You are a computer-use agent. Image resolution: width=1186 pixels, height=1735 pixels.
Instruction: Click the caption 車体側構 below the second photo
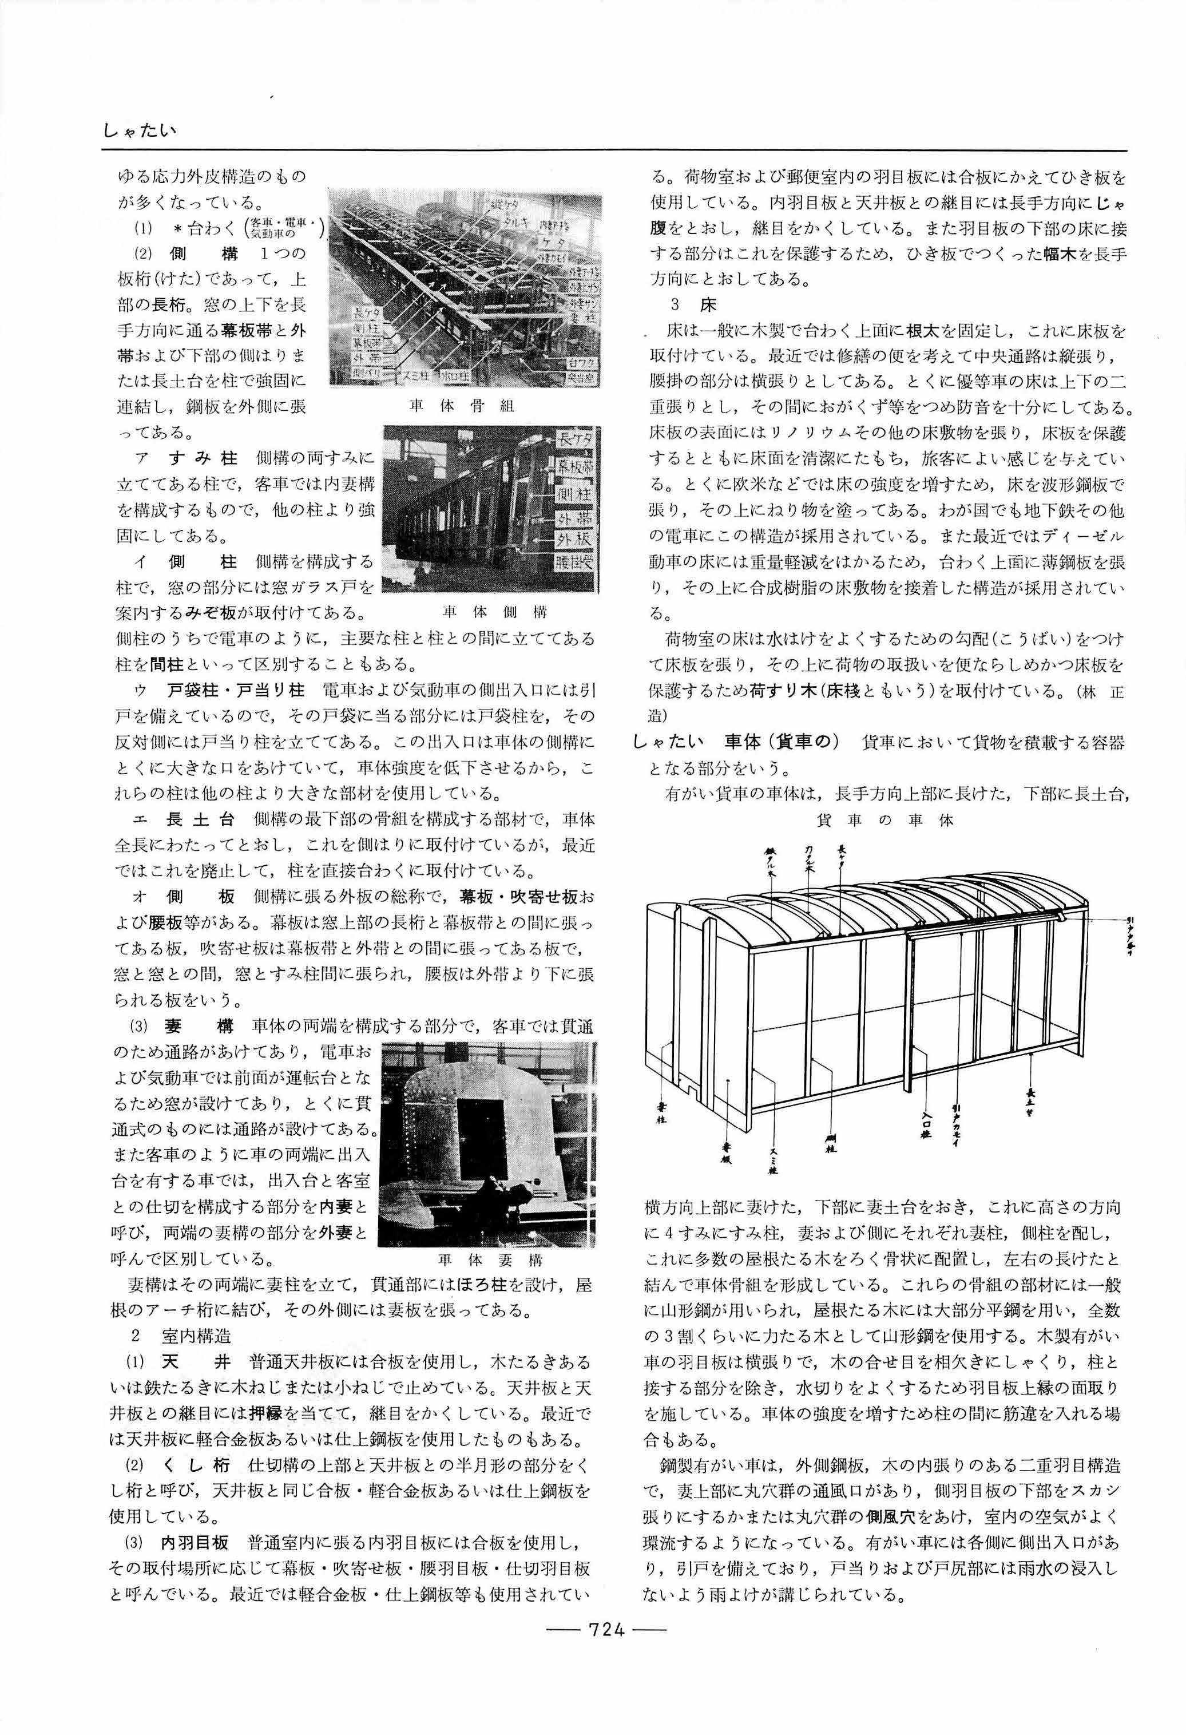tap(494, 612)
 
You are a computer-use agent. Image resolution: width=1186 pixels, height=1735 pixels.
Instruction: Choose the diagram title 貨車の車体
tap(885, 821)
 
